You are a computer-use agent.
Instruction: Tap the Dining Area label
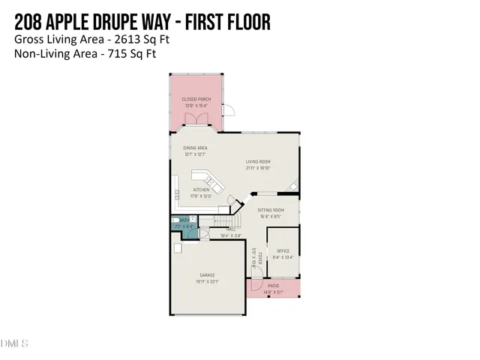195,148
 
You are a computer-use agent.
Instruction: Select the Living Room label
259,162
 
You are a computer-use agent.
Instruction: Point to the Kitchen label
201,190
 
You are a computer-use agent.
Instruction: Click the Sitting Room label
271,210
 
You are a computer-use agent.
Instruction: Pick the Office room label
283,250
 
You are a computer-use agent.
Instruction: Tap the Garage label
207,275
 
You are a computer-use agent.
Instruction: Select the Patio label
274,286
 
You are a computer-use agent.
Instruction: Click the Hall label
231,230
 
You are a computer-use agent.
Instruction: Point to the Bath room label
184,220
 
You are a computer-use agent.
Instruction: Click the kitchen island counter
207,179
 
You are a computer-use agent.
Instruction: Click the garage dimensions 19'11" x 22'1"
207,281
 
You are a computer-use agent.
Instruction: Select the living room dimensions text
259,168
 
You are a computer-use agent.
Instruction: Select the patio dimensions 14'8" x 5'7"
274,292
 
